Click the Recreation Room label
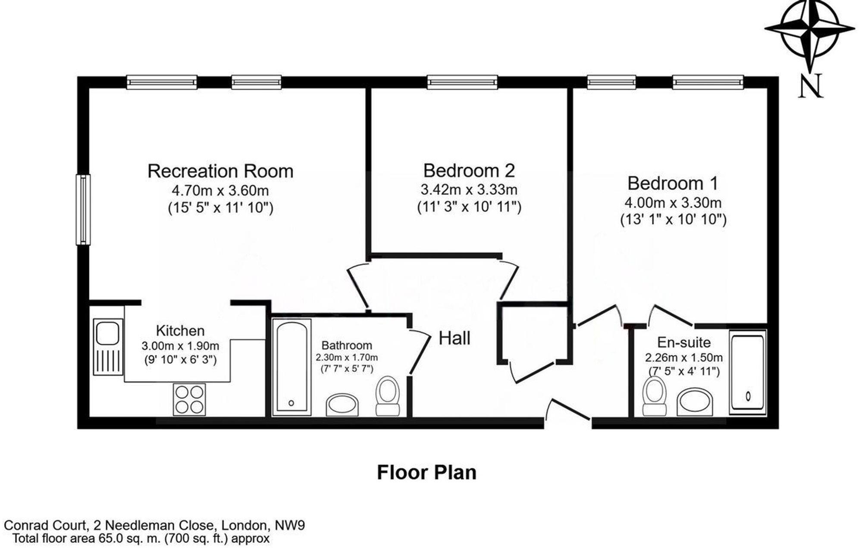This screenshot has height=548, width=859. tap(220, 171)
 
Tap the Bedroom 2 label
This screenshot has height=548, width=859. tap(469, 170)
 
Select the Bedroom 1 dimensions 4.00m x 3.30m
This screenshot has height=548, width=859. tap(673, 202)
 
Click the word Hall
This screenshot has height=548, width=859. tap(454, 338)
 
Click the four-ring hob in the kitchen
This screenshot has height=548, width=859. tap(189, 399)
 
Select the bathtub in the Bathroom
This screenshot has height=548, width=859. tap(292, 366)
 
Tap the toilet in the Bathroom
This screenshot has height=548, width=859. tap(387, 395)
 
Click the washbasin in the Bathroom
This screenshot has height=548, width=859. tap(342, 404)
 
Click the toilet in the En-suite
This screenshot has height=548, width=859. tap(654, 395)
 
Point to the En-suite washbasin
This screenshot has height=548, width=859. tap(694, 402)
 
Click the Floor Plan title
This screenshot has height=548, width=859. tap(426, 472)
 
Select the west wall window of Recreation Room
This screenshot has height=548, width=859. tap(83, 209)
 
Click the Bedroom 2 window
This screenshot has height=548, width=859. tap(462, 82)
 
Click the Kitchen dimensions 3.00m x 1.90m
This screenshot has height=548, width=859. tap(180, 346)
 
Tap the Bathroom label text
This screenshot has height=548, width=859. tap(347, 345)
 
